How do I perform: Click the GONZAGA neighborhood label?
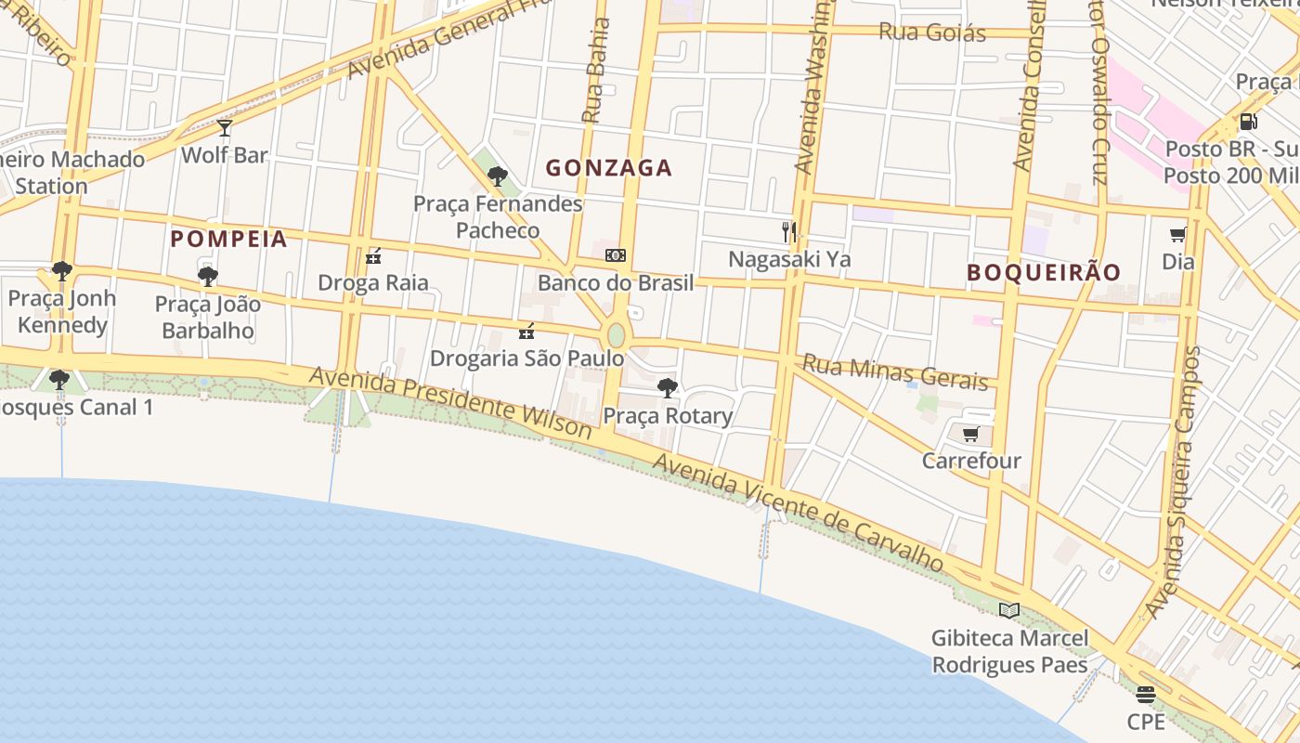pos(608,168)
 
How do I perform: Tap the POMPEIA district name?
pos(228,239)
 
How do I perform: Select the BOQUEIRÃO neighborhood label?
pos(1044,272)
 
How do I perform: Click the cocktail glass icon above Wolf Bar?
pos(224,128)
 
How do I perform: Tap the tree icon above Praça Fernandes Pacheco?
pos(498,176)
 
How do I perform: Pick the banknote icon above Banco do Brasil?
pos(615,255)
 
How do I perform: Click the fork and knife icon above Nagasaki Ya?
pos(789,231)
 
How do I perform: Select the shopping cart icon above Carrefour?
pos(971,434)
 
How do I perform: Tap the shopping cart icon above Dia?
pos(1177,235)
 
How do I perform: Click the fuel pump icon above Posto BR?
pos(1249,122)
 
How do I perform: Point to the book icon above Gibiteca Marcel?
pos(1009,610)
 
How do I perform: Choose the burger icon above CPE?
pos(1146,695)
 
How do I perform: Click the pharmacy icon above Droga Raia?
pos(373,255)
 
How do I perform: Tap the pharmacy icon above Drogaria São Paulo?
pos(526,331)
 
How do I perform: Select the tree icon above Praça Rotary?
pos(668,388)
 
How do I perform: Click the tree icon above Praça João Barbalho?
pos(208,277)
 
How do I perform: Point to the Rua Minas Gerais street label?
pos(895,371)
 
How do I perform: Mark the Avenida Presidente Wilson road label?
pos(450,402)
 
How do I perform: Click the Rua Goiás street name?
pos(931,33)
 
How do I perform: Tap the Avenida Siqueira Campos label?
pos(1173,483)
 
